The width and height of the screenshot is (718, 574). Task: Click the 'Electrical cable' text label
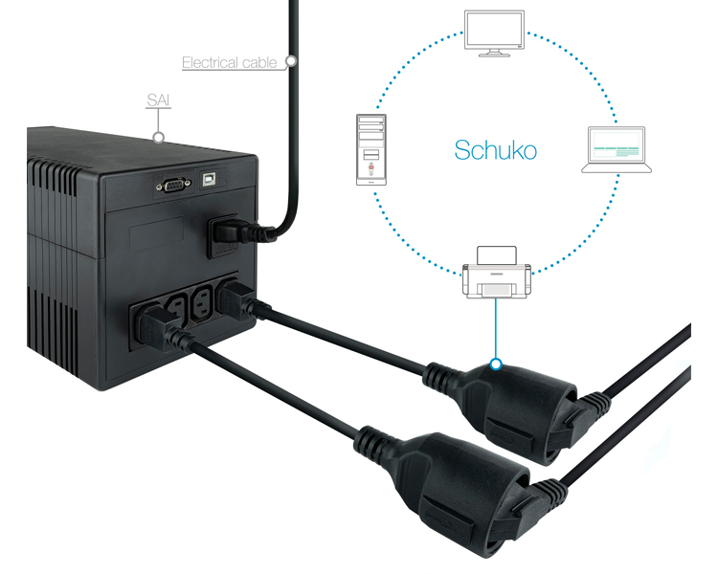pos(230,63)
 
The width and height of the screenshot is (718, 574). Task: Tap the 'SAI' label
pos(158,99)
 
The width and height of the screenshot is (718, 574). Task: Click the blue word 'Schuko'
pos(496,150)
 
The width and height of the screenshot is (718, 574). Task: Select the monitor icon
pos(494,33)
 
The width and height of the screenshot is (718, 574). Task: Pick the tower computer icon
pos(371,149)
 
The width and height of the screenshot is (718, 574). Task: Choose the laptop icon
pos(617,149)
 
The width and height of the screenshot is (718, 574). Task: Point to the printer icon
pos(497,273)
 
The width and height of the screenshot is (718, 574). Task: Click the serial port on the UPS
pos(173,186)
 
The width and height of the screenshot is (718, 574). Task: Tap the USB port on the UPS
pos(210,179)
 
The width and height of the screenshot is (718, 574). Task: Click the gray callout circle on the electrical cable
pos(291,60)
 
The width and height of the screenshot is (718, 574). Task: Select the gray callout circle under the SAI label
pos(158,137)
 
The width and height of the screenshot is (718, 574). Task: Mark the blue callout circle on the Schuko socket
pos(496,364)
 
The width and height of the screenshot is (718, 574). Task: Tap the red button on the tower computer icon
pos(371,167)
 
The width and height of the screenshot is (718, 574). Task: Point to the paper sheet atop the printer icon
pos(497,255)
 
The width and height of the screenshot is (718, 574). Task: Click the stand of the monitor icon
pos(494,53)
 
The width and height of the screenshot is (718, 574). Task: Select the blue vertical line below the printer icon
pos(496,328)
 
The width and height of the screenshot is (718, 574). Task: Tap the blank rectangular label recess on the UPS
pos(157,234)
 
